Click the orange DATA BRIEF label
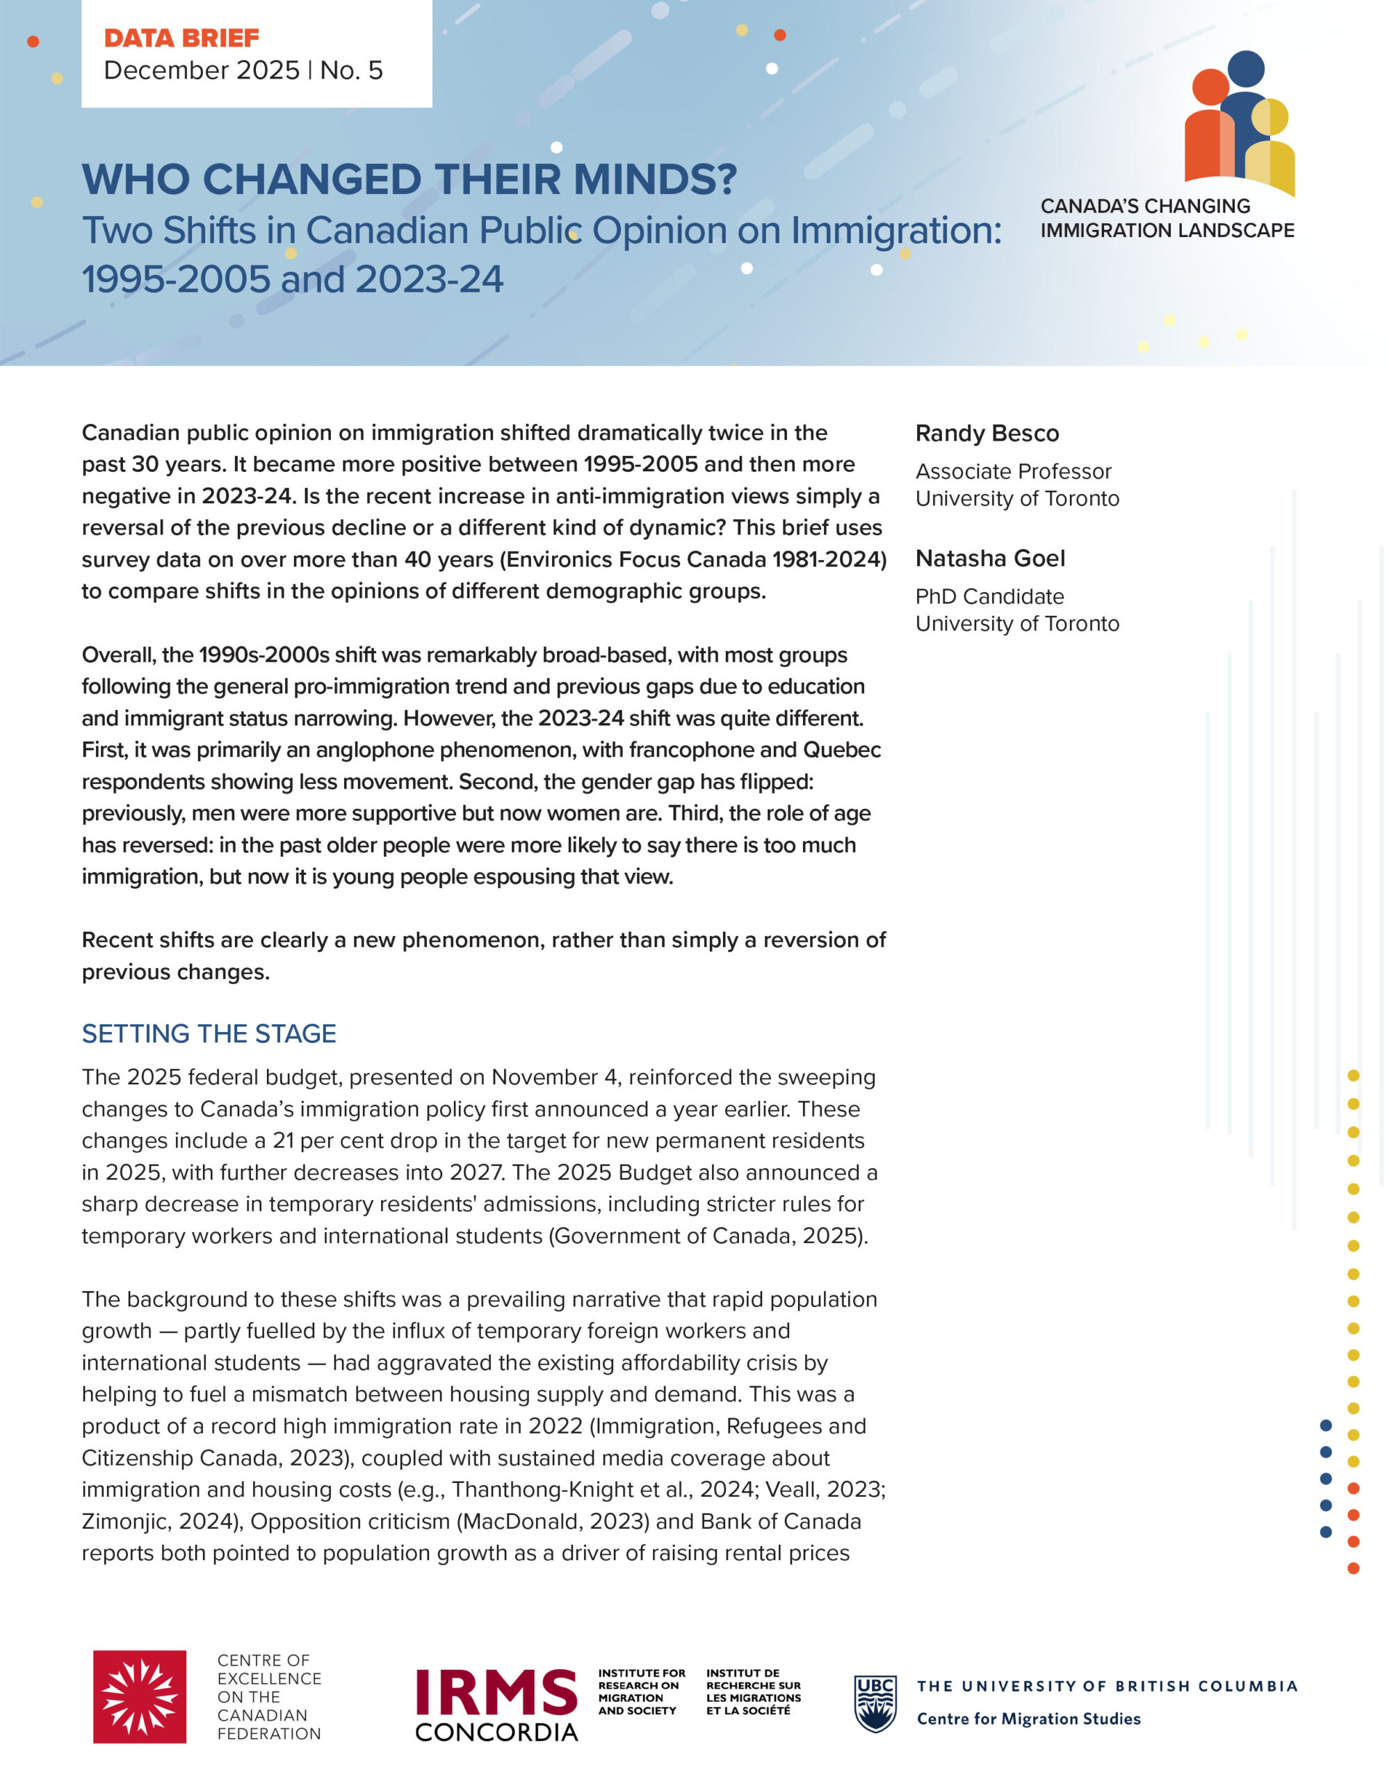(x=181, y=38)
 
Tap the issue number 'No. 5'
(x=351, y=71)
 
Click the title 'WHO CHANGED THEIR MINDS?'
(x=409, y=179)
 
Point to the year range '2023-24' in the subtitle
(x=429, y=279)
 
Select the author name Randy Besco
(x=987, y=434)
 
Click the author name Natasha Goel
(x=989, y=559)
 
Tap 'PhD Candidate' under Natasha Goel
(x=989, y=597)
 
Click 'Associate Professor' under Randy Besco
(x=1013, y=472)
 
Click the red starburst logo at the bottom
(x=139, y=1697)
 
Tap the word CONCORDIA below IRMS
(x=496, y=1732)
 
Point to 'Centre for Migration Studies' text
(x=1028, y=1719)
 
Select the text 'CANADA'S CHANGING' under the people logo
(x=1145, y=206)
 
